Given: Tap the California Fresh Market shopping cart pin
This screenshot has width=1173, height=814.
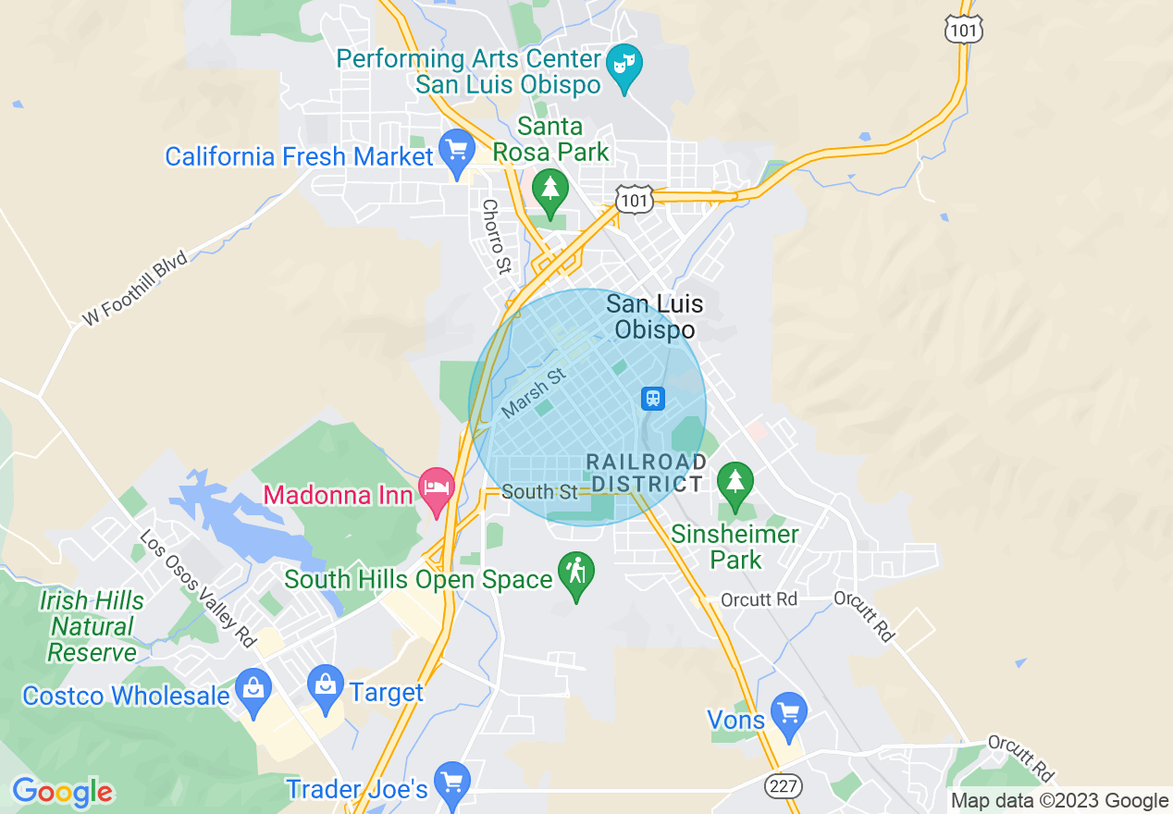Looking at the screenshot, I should tap(456, 151).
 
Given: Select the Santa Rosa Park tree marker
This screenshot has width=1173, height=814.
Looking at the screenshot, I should tap(550, 189).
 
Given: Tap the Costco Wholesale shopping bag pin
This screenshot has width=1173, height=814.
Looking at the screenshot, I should tap(252, 689).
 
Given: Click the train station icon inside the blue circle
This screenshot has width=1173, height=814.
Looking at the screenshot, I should tap(653, 399).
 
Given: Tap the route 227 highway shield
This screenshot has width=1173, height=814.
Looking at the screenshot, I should tap(784, 785).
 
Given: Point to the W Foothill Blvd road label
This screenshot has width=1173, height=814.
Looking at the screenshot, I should tap(135, 288).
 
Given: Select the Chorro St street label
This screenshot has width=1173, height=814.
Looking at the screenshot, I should tap(497, 237).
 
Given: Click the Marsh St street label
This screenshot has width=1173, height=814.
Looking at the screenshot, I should tap(533, 392).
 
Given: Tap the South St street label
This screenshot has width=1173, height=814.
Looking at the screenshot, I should tap(539, 492).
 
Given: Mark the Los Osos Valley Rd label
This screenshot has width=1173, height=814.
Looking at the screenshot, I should tap(197, 588).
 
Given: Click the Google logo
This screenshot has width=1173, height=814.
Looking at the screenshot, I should tap(62, 792).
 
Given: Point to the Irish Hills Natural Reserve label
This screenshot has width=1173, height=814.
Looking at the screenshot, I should tap(92, 626).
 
